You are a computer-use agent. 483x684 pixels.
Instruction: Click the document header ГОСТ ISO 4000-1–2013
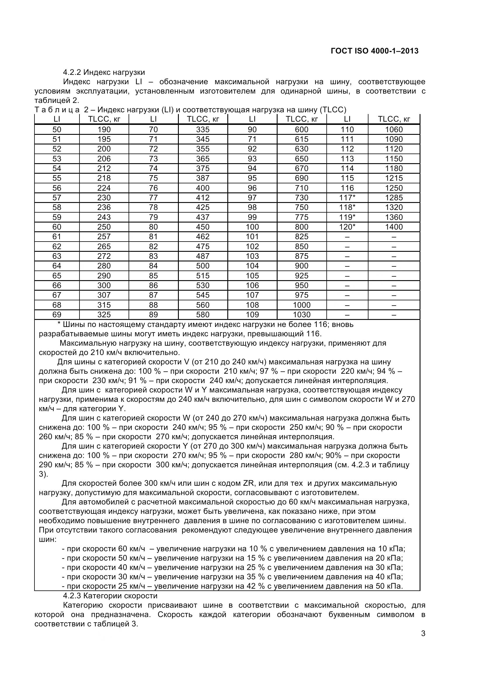pyautogui.click(x=374, y=51)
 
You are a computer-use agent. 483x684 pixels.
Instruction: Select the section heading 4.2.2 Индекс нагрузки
pyautogui.click(x=104, y=72)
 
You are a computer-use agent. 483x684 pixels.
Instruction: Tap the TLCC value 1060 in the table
pyautogui.click(x=394, y=130)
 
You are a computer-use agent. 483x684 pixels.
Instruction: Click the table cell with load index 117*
pyautogui.click(x=347, y=198)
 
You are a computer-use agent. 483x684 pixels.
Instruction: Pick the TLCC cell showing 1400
pyautogui.click(x=394, y=227)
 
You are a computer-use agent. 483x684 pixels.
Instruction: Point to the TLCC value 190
pyautogui.click(x=104, y=130)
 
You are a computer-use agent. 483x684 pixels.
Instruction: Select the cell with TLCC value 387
pyautogui.click(x=203, y=178)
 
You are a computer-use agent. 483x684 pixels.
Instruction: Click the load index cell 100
pyautogui.click(x=252, y=227)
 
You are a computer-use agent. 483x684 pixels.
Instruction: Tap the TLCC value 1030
pyautogui.click(x=302, y=315)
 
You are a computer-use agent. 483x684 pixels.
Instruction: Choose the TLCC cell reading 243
pyautogui.click(x=104, y=217)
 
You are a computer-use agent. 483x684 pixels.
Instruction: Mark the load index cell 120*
pyautogui.click(x=347, y=227)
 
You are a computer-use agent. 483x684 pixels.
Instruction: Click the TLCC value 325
pyautogui.click(x=104, y=315)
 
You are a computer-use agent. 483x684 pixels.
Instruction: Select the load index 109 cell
pyautogui.click(x=252, y=315)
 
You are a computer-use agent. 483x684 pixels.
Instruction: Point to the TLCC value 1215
pyautogui.click(x=394, y=178)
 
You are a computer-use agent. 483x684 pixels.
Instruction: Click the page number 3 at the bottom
pyautogui.click(x=423, y=642)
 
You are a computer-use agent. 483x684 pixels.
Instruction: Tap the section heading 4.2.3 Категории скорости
pyautogui.click(x=110, y=595)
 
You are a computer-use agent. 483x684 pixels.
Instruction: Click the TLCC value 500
pyautogui.click(x=203, y=266)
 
